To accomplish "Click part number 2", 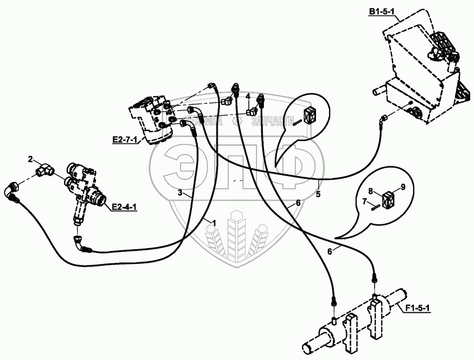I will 31,159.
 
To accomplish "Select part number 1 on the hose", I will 214,223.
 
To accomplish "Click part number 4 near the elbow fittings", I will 248,96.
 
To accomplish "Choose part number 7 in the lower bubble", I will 364,201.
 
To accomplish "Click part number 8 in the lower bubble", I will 370,191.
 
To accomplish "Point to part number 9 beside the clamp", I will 403,187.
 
